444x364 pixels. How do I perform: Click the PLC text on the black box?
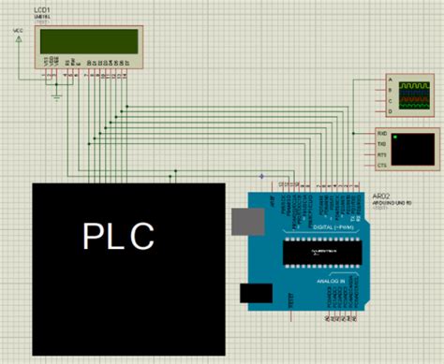[x=117, y=236]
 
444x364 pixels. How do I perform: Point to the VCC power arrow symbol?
[x=20, y=38]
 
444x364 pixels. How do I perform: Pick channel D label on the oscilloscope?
[x=389, y=110]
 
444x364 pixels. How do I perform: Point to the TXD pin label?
[x=381, y=145]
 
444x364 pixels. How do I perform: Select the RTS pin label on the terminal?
[x=381, y=154]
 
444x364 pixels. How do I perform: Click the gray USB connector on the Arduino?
[x=245, y=221]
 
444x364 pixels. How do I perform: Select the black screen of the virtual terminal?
[x=414, y=151]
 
